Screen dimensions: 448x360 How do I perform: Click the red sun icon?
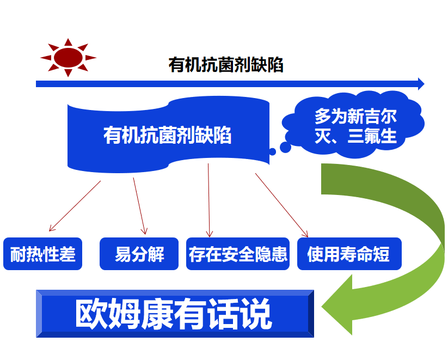[68, 58]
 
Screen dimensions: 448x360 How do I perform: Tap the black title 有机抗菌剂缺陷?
[226, 65]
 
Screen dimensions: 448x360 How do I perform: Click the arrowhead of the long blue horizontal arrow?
[421, 84]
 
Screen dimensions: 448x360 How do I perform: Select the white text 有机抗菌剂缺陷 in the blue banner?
[167, 135]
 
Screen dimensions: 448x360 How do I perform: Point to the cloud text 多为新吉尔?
[355, 116]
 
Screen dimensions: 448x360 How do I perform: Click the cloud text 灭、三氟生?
[355, 136]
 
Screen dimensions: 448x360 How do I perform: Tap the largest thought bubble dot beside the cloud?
[285, 147]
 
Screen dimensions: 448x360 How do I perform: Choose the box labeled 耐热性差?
[43, 254]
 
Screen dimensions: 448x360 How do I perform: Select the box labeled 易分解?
[139, 254]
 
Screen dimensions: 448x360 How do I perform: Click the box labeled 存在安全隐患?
[238, 254]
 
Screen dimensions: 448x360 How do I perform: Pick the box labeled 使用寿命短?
[349, 254]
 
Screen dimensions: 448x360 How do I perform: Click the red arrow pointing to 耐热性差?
[75, 206]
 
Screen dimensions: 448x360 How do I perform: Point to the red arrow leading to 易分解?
[140, 206]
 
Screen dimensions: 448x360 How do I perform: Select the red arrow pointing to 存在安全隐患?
[209, 200]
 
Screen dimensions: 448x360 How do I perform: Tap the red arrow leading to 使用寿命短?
[282, 205]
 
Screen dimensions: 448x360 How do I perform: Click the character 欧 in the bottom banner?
[91, 313]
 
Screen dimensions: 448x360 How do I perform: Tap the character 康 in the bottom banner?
[157, 313]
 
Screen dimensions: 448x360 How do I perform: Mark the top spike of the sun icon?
[68, 42]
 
